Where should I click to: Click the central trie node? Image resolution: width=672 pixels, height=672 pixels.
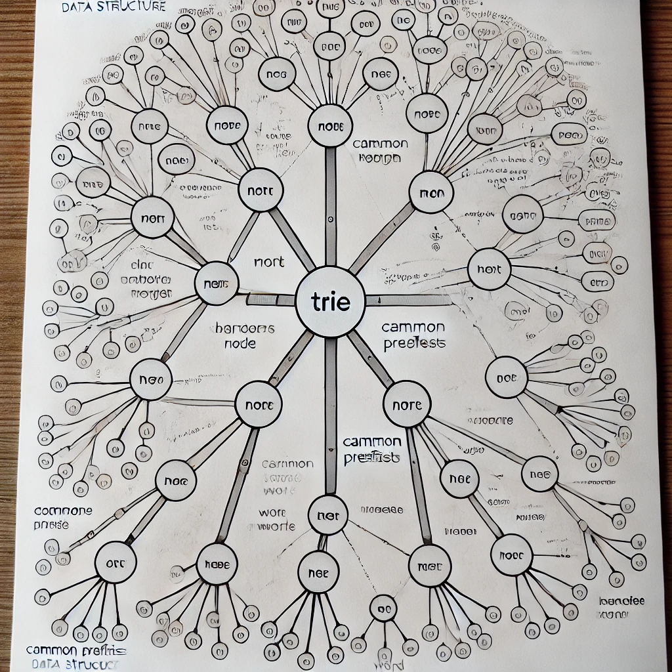(330, 303)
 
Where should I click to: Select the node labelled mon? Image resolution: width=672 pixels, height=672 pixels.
(431, 194)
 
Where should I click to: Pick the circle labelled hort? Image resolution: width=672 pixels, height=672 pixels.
(489, 269)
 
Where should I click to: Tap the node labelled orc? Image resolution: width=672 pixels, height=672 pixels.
(115, 562)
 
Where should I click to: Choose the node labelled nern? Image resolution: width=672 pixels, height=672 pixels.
(216, 283)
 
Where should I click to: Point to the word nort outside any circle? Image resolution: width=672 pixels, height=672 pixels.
(269, 262)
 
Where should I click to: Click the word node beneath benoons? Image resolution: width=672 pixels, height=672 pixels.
(240, 344)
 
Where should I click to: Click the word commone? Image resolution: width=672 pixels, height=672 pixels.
(62, 511)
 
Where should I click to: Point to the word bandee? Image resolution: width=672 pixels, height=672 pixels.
(621, 600)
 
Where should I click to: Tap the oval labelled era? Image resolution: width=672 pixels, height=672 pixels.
(597, 283)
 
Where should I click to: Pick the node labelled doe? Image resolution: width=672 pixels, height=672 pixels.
(506, 377)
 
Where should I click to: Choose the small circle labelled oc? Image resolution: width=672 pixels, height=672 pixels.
(383, 608)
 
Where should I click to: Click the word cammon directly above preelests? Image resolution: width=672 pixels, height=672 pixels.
(413, 327)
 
